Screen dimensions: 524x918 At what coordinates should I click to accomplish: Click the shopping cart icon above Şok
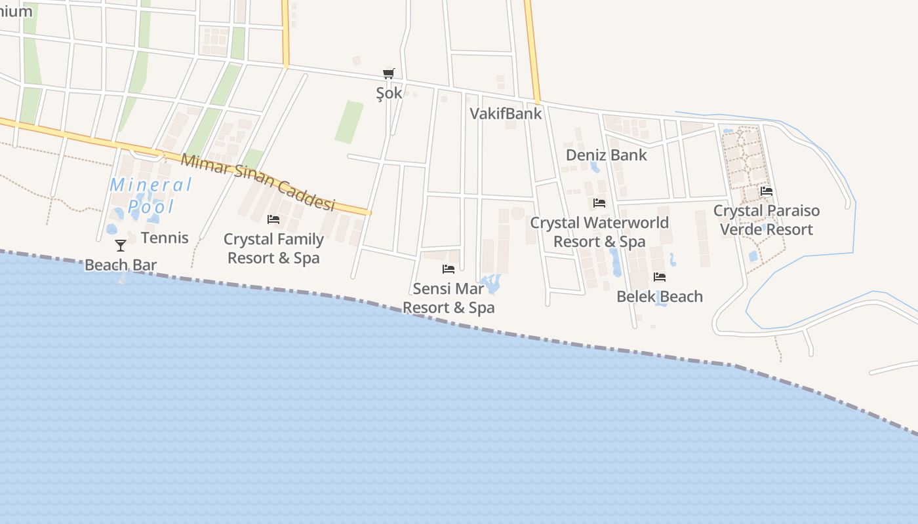389,74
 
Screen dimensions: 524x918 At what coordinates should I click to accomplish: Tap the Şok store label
389,93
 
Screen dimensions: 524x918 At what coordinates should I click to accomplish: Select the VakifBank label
506,113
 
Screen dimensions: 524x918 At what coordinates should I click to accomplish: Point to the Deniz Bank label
606,155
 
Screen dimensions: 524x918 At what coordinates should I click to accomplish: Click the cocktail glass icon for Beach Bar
121,246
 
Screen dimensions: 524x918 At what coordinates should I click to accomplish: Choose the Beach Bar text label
121,265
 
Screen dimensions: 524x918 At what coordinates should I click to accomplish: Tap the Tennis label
165,238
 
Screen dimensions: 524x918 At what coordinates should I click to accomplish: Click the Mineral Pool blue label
151,195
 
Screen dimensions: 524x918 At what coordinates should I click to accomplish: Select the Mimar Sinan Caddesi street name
258,182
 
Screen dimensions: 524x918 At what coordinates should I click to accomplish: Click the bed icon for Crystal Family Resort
273,219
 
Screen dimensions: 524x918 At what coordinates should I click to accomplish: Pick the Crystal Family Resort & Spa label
273,248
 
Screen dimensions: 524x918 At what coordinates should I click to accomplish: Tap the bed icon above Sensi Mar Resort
449,269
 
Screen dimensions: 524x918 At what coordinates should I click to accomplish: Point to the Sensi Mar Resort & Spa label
449,298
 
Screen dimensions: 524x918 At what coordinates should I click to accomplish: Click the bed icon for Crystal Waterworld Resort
599,203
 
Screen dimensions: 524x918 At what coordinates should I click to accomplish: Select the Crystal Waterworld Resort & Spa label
599,232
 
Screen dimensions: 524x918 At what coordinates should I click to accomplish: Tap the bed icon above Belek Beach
660,277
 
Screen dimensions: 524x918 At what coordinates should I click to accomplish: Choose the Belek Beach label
660,297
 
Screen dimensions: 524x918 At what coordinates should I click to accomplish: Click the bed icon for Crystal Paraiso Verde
767,191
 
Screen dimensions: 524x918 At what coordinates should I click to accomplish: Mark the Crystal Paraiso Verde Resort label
767,220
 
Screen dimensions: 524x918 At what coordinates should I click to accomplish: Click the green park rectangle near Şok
349,122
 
